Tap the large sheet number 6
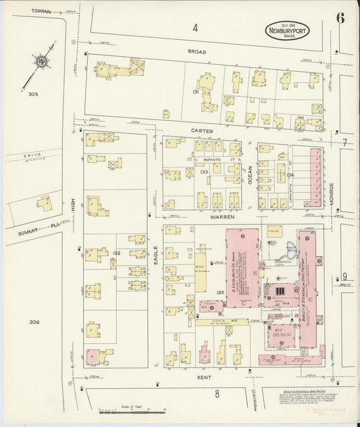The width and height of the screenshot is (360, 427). (x=341, y=18)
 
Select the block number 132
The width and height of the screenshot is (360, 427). (x=116, y=253)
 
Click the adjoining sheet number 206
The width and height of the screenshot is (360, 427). (x=34, y=322)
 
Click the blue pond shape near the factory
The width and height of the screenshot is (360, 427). (x=286, y=250)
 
